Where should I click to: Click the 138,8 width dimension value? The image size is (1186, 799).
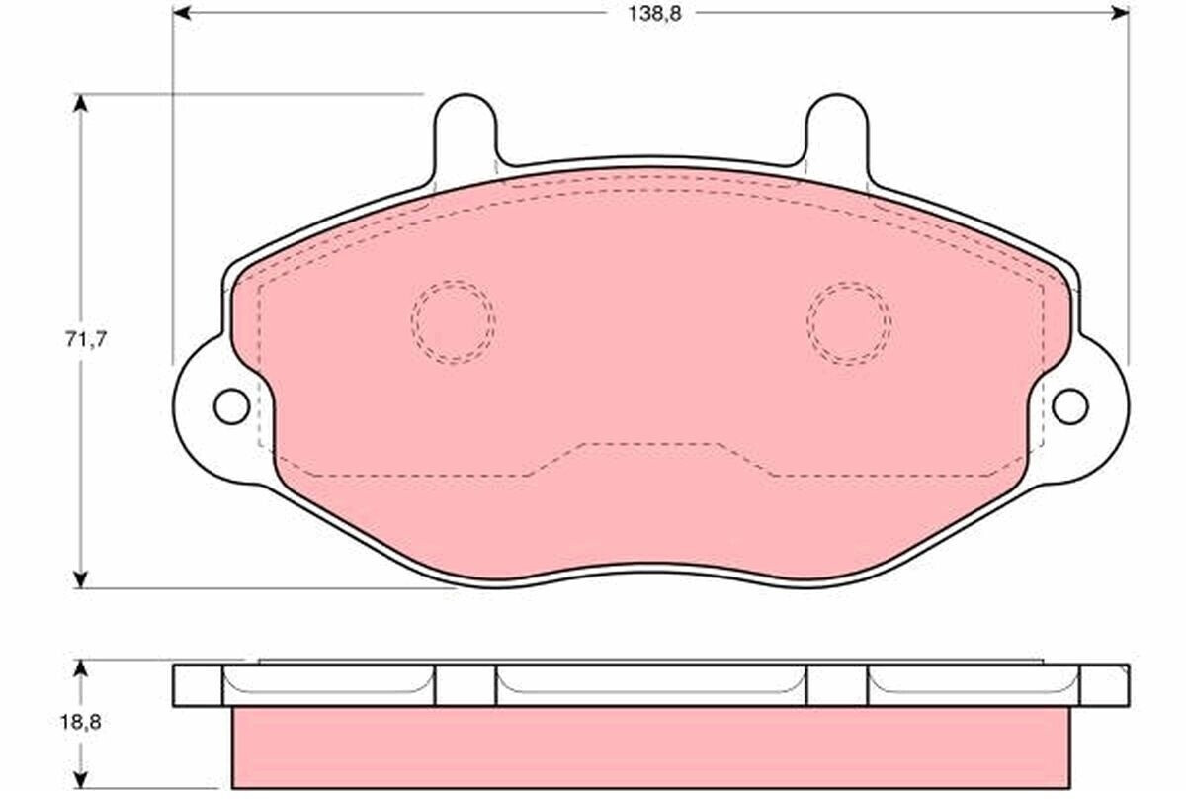click(654, 14)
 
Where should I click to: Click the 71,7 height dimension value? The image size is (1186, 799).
click(86, 339)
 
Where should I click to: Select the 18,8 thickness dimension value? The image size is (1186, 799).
click(80, 722)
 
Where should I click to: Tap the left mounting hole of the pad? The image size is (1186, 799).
click(231, 406)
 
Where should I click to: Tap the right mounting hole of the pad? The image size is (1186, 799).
click(1070, 406)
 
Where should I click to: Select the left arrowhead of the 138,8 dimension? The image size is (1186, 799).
click(182, 13)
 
